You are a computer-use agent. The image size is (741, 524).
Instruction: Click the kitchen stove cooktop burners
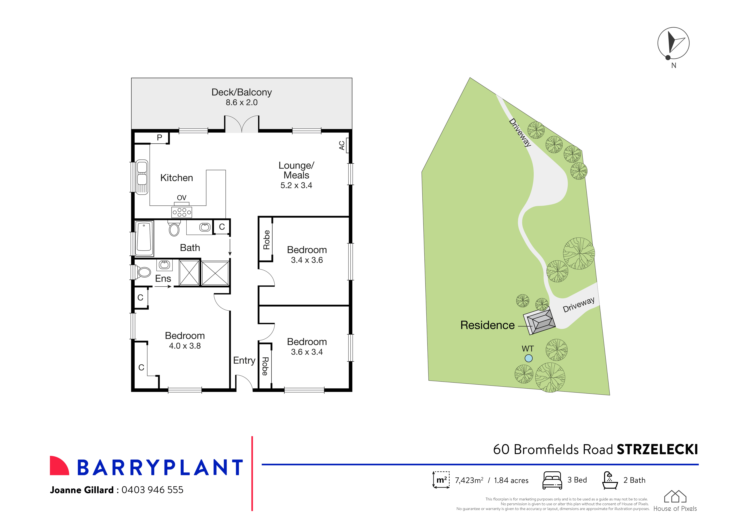click(x=182, y=212)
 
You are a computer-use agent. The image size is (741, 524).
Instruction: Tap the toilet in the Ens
click(x=144, y=272)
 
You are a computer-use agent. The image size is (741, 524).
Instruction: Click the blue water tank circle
click(x=528, y=358)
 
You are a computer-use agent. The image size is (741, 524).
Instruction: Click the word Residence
click(x=487, y=325)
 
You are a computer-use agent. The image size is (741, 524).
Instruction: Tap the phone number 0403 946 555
click(x=152, y=490)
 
